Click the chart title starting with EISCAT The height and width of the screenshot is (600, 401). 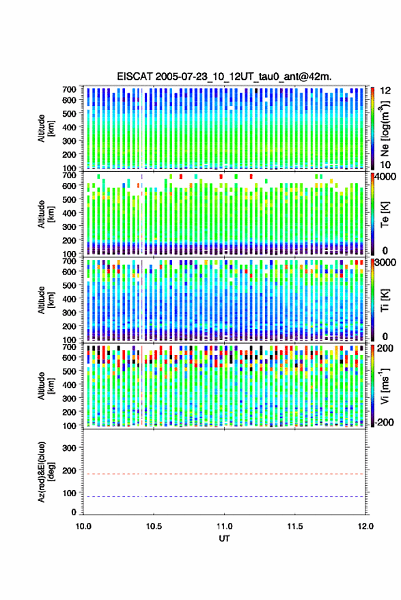224,76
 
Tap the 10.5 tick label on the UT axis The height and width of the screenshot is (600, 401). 154,526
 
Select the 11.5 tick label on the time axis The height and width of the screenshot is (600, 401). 294,526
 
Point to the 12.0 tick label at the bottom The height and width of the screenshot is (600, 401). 365,526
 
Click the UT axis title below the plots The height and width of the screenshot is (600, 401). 224,539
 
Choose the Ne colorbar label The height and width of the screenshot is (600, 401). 385,129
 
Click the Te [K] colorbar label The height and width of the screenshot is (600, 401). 385,214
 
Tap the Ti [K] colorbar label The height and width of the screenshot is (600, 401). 385,300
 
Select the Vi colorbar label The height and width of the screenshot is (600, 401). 385,386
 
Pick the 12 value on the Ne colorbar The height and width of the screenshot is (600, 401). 385,91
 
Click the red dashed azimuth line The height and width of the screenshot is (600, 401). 224,474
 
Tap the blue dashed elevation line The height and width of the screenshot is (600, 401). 224,496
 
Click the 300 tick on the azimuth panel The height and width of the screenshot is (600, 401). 69,448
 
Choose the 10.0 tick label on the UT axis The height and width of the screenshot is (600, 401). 83,526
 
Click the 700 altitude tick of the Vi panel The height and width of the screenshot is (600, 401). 69,347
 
